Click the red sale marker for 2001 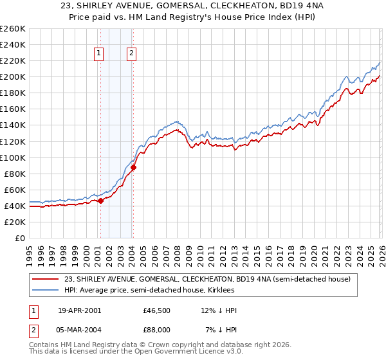pos(100,201)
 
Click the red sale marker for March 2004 pos(133,167)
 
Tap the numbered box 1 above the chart pos(100,54)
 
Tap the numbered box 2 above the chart pos(131,54)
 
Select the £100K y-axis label pos(12,157)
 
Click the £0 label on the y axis pos(19,238)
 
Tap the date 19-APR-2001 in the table pos(79,310)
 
